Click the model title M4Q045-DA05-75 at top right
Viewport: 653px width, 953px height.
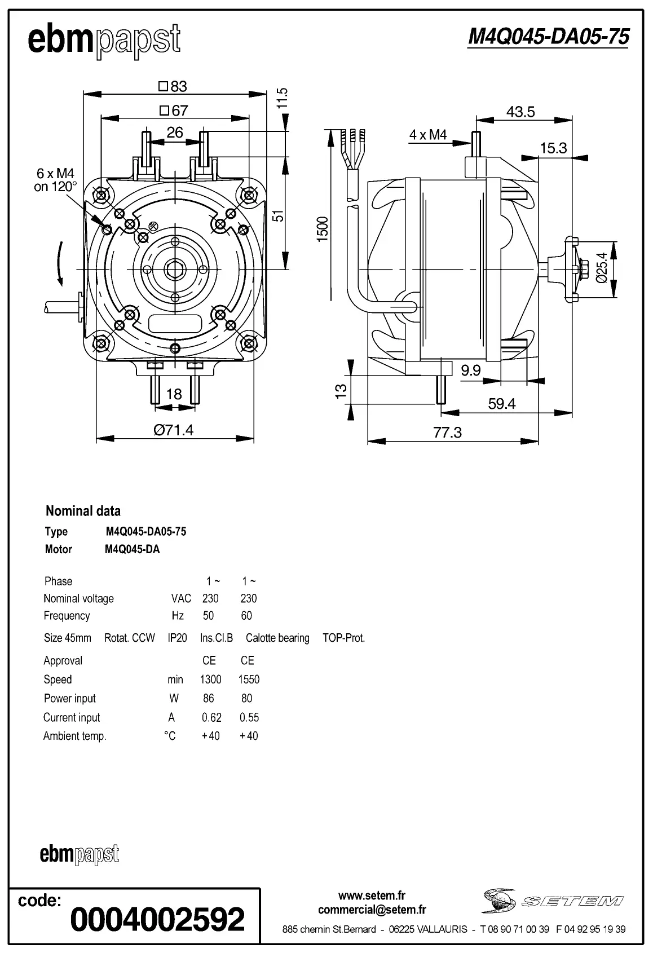548,37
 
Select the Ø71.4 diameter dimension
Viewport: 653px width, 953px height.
174,430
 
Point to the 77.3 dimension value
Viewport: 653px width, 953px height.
447,433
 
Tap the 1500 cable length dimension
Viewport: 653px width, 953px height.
323,229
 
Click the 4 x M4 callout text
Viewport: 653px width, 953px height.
428,135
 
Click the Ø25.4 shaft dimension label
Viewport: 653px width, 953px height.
602,267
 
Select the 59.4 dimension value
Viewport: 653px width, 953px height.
502,404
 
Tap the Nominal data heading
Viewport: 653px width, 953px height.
83,511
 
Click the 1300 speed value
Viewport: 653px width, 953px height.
210,680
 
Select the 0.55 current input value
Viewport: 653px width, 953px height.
249,717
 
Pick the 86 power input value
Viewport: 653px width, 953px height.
208,698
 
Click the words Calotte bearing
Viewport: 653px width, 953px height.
277,638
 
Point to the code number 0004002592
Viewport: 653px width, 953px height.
157,919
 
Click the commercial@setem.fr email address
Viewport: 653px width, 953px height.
372,910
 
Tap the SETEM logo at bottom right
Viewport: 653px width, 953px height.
552,901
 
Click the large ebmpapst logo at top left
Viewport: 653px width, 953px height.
104,41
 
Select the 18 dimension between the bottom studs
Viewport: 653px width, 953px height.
174,394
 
